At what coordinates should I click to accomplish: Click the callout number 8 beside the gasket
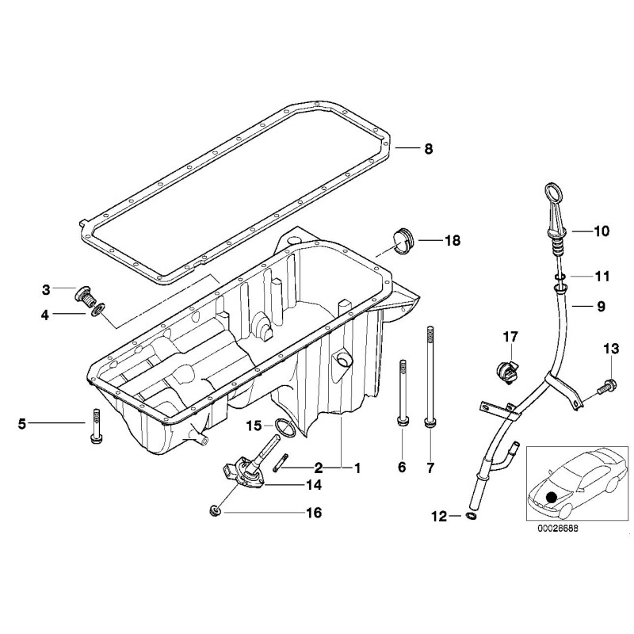coord(428,149)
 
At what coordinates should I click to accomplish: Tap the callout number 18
coord(453,241)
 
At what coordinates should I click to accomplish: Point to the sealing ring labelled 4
coord(97,312)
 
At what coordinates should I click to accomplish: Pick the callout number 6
coord(402,467)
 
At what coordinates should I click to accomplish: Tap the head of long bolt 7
coord(430,423)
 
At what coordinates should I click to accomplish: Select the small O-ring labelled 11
coord(560,277)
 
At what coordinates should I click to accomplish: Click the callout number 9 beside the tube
coord(602,306)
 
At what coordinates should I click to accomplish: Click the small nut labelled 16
coord(214,511)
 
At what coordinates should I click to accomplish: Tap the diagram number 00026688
coord(558,529)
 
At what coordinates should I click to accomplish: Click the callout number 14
coord(314,485)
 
